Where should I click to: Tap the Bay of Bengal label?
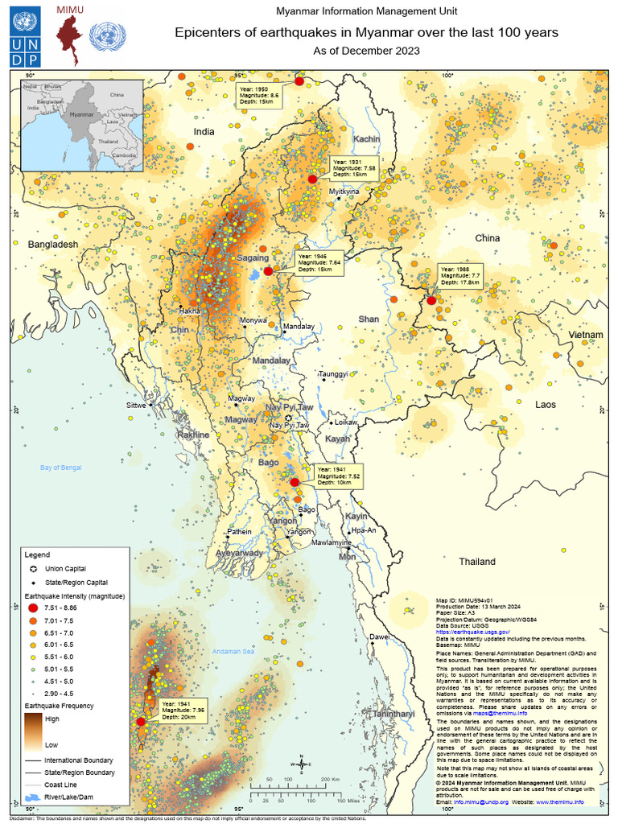point(68,467)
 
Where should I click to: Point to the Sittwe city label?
point(137,406)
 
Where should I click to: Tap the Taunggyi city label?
point(334,374)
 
